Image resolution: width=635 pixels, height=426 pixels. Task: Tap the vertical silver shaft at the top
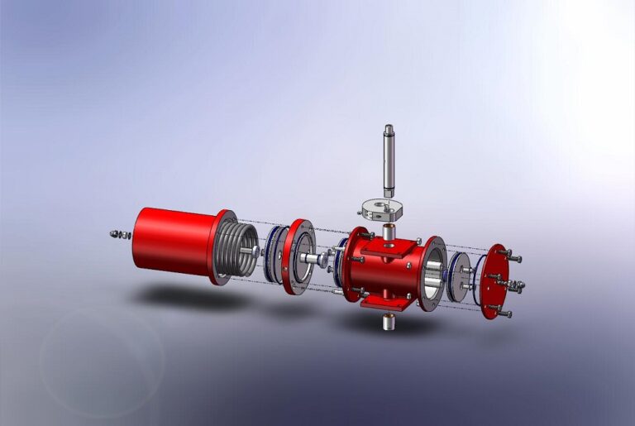[389, 158]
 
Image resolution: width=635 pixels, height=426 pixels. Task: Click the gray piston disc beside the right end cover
[459, 278]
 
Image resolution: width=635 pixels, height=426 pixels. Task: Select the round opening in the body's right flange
[432, 277]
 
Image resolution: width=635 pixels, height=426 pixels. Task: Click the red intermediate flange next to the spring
[297, 256]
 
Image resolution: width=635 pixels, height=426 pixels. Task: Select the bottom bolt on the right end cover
[504, 314]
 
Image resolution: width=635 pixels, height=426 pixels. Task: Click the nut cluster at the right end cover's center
[516, 286]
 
